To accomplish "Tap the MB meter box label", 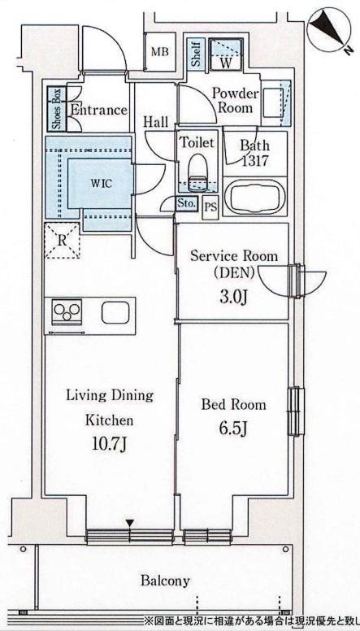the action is coord(160,52).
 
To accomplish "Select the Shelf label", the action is coord(196,54).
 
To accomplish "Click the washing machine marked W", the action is coord(227,54).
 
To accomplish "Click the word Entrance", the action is coord(99,110).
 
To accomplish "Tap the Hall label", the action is coord(156,122).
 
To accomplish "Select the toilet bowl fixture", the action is coord(197,171).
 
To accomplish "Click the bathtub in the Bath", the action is coord(254,197).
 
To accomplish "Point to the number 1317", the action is coord(254,161).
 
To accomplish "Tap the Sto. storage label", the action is coord(187,203).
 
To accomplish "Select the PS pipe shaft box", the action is coord(210,207).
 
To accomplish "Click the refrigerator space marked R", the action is coord(62,241).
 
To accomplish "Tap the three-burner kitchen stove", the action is coord(67,311).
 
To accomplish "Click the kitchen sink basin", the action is coord(115,313).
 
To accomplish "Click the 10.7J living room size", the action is coord(109,446).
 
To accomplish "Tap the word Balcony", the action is coord(165,581).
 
